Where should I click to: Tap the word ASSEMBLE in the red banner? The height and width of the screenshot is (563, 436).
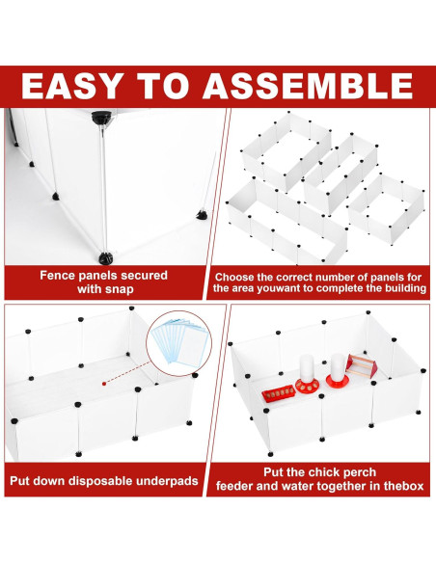[x=308, y=86]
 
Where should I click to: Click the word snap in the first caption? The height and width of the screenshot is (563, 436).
[x=119, y=289]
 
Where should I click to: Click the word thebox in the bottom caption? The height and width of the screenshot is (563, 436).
[x=403, y=486]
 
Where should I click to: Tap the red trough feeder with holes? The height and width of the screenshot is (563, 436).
[x=279, y=393]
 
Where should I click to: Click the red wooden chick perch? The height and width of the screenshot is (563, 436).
[x=362, y=365]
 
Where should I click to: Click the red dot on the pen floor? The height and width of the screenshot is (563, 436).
[x=104, y=384]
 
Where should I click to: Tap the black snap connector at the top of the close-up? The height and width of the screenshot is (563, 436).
[x=101, y=118]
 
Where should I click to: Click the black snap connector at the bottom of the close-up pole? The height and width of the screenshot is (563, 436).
[x=105, y=258]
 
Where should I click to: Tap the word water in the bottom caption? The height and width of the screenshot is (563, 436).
[x=300, y=486]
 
